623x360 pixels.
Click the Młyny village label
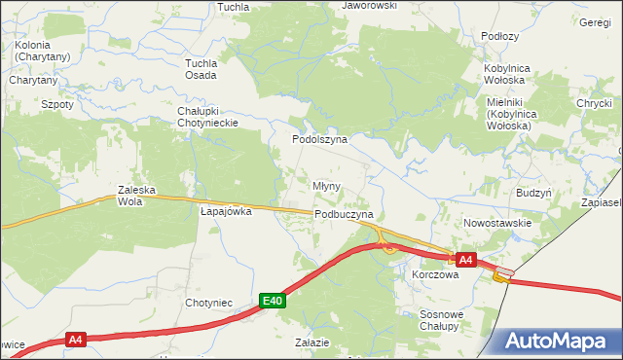click(x=325, y=185)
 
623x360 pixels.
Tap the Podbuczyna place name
click(x=344, y=214)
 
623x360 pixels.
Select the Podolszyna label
click(x=322, y=140)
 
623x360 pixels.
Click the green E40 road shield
click(x=274, y=302)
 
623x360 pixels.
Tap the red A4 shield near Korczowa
click(x=465, y=260)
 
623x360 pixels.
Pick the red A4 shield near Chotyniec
click(x=77, y=340)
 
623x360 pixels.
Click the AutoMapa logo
click(x=559, y=341)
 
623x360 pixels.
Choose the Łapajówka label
click(x=226, y=210)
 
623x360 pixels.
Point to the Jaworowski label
click(x=369, y=6)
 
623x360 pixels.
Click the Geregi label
click(x=594, y=22)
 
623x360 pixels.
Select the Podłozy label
click(x=500, y=36)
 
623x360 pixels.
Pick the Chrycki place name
click(x=592, y=103)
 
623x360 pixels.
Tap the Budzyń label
click(x=534, y=193)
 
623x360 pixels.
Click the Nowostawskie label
click(x=497, y=223)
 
